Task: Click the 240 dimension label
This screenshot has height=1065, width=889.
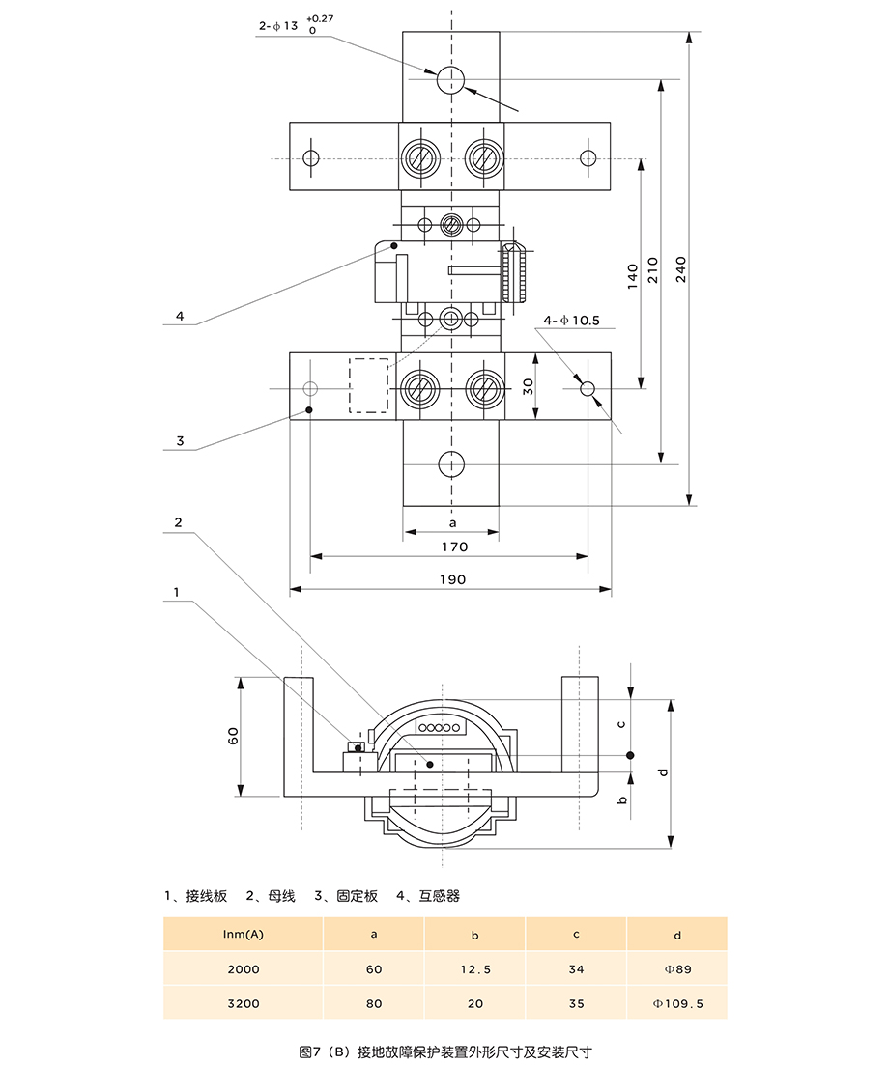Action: pos(681,268)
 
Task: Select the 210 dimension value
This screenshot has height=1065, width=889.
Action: pos(653,268)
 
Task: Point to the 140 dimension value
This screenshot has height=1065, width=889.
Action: pos(633,276)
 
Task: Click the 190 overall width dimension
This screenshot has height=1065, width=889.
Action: pos(452,579)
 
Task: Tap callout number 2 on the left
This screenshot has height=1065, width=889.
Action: pos(178,522)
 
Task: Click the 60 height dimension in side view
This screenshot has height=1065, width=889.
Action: pos(233,736)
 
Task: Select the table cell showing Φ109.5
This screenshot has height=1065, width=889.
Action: pos(677,1003)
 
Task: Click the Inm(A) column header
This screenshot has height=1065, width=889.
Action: pos(243,934)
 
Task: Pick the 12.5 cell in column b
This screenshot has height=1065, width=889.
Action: pos(474,968)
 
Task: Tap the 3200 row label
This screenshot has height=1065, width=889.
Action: pos(243,1003)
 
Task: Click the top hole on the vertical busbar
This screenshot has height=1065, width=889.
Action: pos(450,80)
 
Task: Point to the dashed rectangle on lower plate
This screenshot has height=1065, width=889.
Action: pos(368,386)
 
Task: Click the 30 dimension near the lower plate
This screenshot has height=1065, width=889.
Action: pos(528,386)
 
